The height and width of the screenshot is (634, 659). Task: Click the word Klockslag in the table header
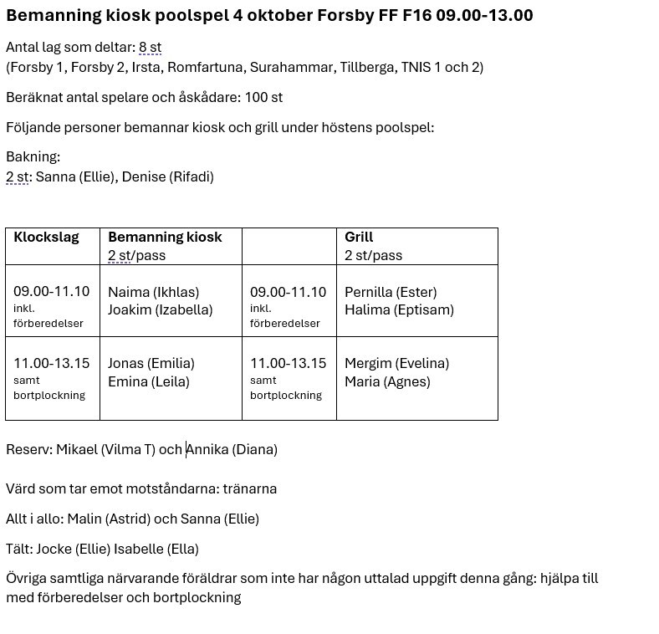[x=46, y=237]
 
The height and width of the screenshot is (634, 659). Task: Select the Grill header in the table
[x=359, y=237]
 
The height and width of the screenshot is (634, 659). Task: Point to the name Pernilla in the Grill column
[x=369, y=292]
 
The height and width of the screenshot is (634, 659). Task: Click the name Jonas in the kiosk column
[x=125, y=363]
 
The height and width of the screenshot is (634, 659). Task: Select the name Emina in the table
[x=126, y=381]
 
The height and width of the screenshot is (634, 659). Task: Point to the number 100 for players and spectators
[x=256, y=97]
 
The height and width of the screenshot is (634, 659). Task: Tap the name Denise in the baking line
[x=143, y=176]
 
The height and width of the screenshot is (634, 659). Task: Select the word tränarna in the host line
[x=249, y=488]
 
